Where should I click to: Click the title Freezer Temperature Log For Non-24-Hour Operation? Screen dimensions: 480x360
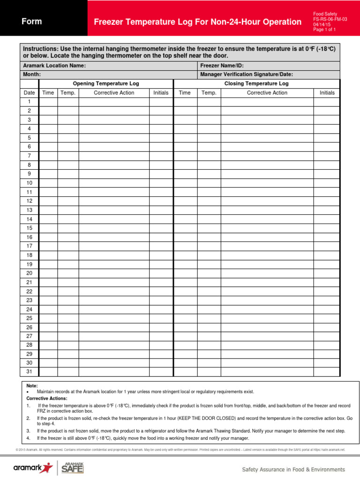(197, 22)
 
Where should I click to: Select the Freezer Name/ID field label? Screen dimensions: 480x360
(222, 66)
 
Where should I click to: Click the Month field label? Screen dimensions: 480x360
(32, 75)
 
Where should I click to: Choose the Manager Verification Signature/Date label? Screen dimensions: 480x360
(244, 75)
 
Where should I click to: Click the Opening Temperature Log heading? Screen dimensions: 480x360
(106, 83)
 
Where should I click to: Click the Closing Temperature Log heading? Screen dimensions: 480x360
(256, 83)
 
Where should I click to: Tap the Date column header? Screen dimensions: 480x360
(29, 93)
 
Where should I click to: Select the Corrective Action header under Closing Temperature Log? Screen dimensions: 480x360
(267, 93)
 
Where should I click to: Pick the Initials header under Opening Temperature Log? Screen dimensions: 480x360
(161, 93)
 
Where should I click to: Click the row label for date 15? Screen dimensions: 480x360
(29, 228)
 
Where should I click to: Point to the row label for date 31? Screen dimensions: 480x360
(29, 372)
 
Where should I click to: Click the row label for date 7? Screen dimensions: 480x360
(29, 156)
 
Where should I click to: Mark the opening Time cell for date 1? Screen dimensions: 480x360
(48, 102)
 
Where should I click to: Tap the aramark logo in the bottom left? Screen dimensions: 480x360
(33, 468)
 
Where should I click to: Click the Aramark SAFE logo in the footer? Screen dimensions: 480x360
(73, 468)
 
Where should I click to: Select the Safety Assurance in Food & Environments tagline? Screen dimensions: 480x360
(293, 469)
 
